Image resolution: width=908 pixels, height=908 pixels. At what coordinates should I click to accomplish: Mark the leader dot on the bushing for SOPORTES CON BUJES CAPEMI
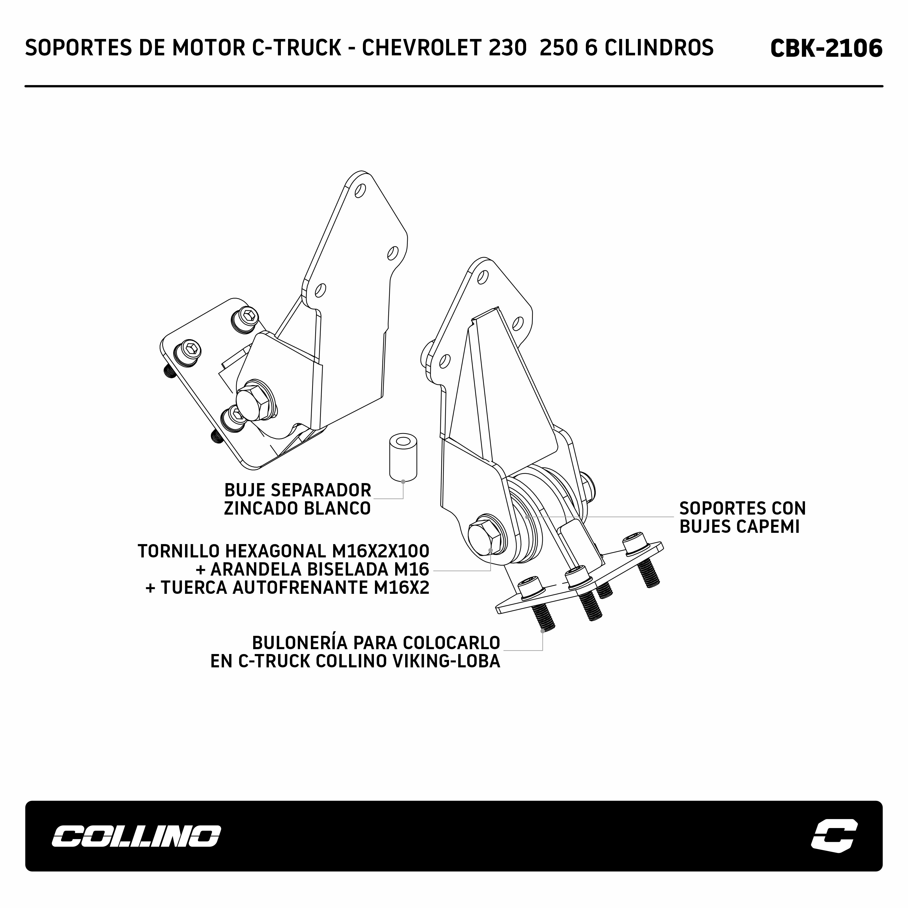528,517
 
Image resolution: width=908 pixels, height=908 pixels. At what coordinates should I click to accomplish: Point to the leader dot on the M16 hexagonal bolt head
491,550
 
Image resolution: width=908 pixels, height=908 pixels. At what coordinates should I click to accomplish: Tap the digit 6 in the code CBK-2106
874,48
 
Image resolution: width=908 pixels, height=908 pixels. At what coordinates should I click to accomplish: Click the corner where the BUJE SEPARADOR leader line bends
403,499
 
